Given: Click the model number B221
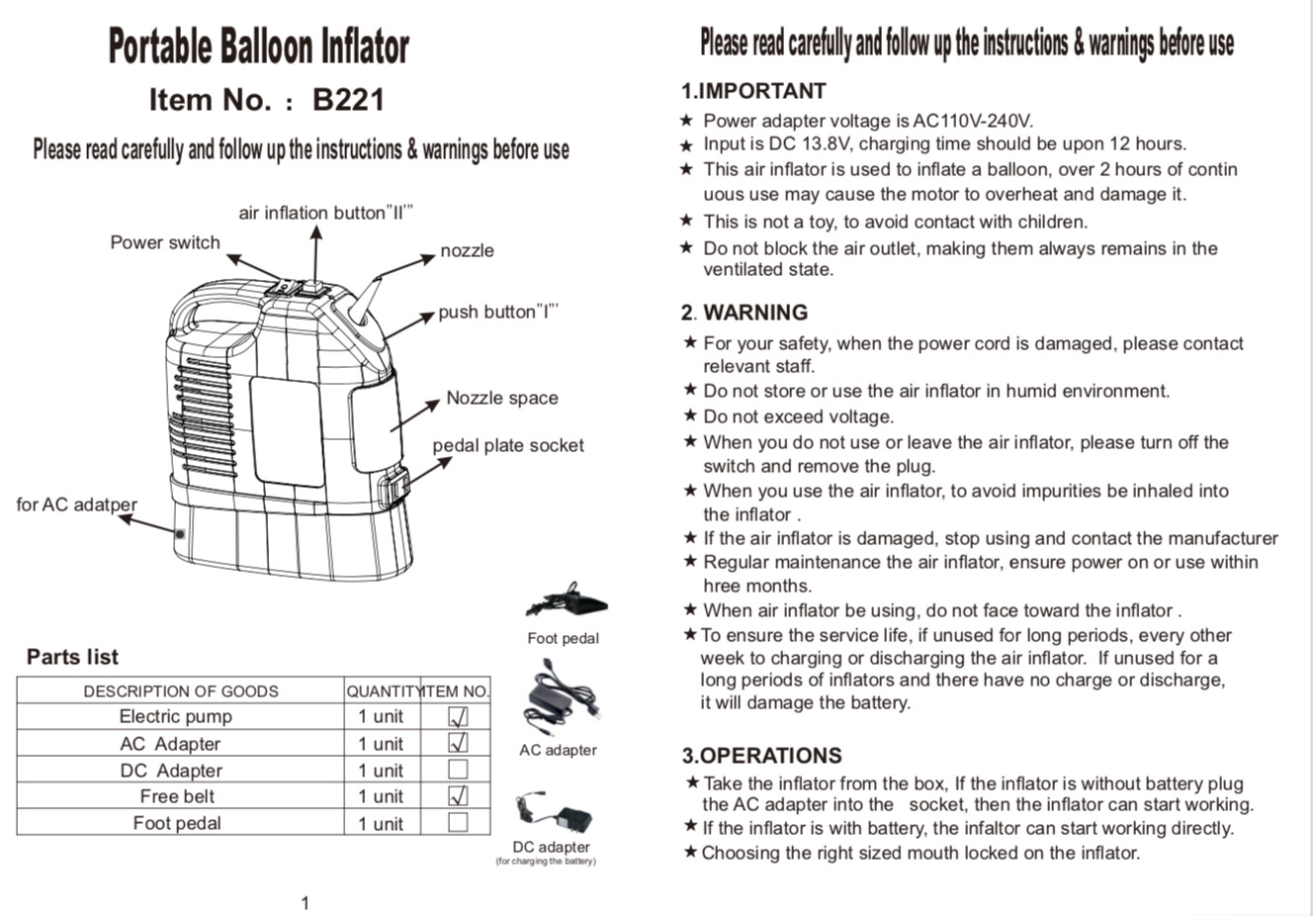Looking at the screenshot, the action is (x=348, y=99).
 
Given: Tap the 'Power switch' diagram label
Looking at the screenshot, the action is (x=165, y=242).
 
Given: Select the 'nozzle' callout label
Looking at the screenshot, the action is (x=468, y=250).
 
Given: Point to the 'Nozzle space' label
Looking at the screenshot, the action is (x=502, y=398).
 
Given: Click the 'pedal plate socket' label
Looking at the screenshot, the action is (x=508, y=446).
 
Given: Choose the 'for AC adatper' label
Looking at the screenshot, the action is (x=77, y=504).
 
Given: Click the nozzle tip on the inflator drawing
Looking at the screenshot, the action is (x=378, y=280).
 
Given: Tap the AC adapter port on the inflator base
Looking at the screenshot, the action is (x=180, y=533).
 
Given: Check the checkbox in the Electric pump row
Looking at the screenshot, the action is (x=458, y=716).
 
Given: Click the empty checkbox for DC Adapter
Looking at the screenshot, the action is (x=458, y=770).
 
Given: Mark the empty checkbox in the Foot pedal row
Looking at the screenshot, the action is (x=458, y=822).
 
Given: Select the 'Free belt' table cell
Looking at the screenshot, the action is (x=177, y=795).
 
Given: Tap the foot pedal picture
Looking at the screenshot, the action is (x=567, y=599).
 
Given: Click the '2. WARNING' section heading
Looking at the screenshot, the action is (x=744, y=312).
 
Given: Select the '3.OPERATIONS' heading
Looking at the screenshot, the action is (x=762, y=756).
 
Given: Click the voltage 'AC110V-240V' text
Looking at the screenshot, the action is (x=973, y=121).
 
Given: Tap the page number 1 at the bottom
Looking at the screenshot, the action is (x=305, y=903).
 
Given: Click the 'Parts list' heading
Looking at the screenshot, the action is (x=73, y=657).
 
